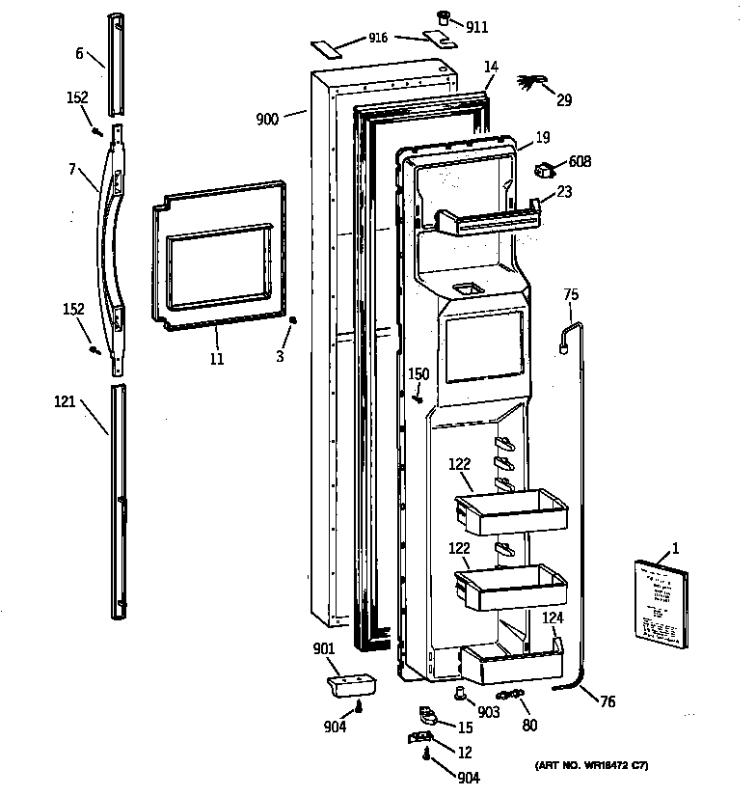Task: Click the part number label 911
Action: [476, 29]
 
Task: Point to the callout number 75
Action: [571, 296]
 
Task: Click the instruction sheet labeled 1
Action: [661, 604]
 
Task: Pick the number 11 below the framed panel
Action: [217, 359]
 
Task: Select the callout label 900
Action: [267, 119]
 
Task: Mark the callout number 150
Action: [418, 374]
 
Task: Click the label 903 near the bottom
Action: [489, 712]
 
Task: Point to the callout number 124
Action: [552, 617]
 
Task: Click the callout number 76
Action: [607, 702]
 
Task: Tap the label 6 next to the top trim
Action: [79, 56]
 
